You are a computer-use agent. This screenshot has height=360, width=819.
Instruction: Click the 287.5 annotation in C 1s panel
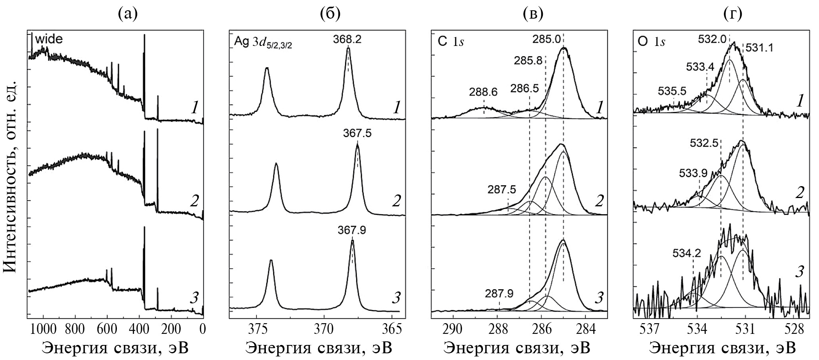pos(502,190)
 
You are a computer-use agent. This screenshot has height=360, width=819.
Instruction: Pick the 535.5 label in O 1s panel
pos(672,91)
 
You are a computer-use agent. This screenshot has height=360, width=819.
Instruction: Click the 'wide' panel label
pos(49,40)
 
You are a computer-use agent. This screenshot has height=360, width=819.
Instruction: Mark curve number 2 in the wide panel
pos(194,202)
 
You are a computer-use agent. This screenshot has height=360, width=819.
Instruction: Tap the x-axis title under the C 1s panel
pos(517,348)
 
